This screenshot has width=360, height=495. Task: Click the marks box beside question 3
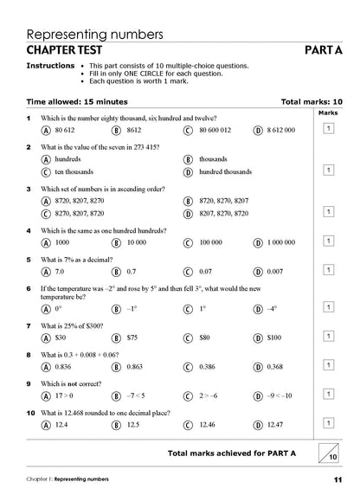tap(329, 210)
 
